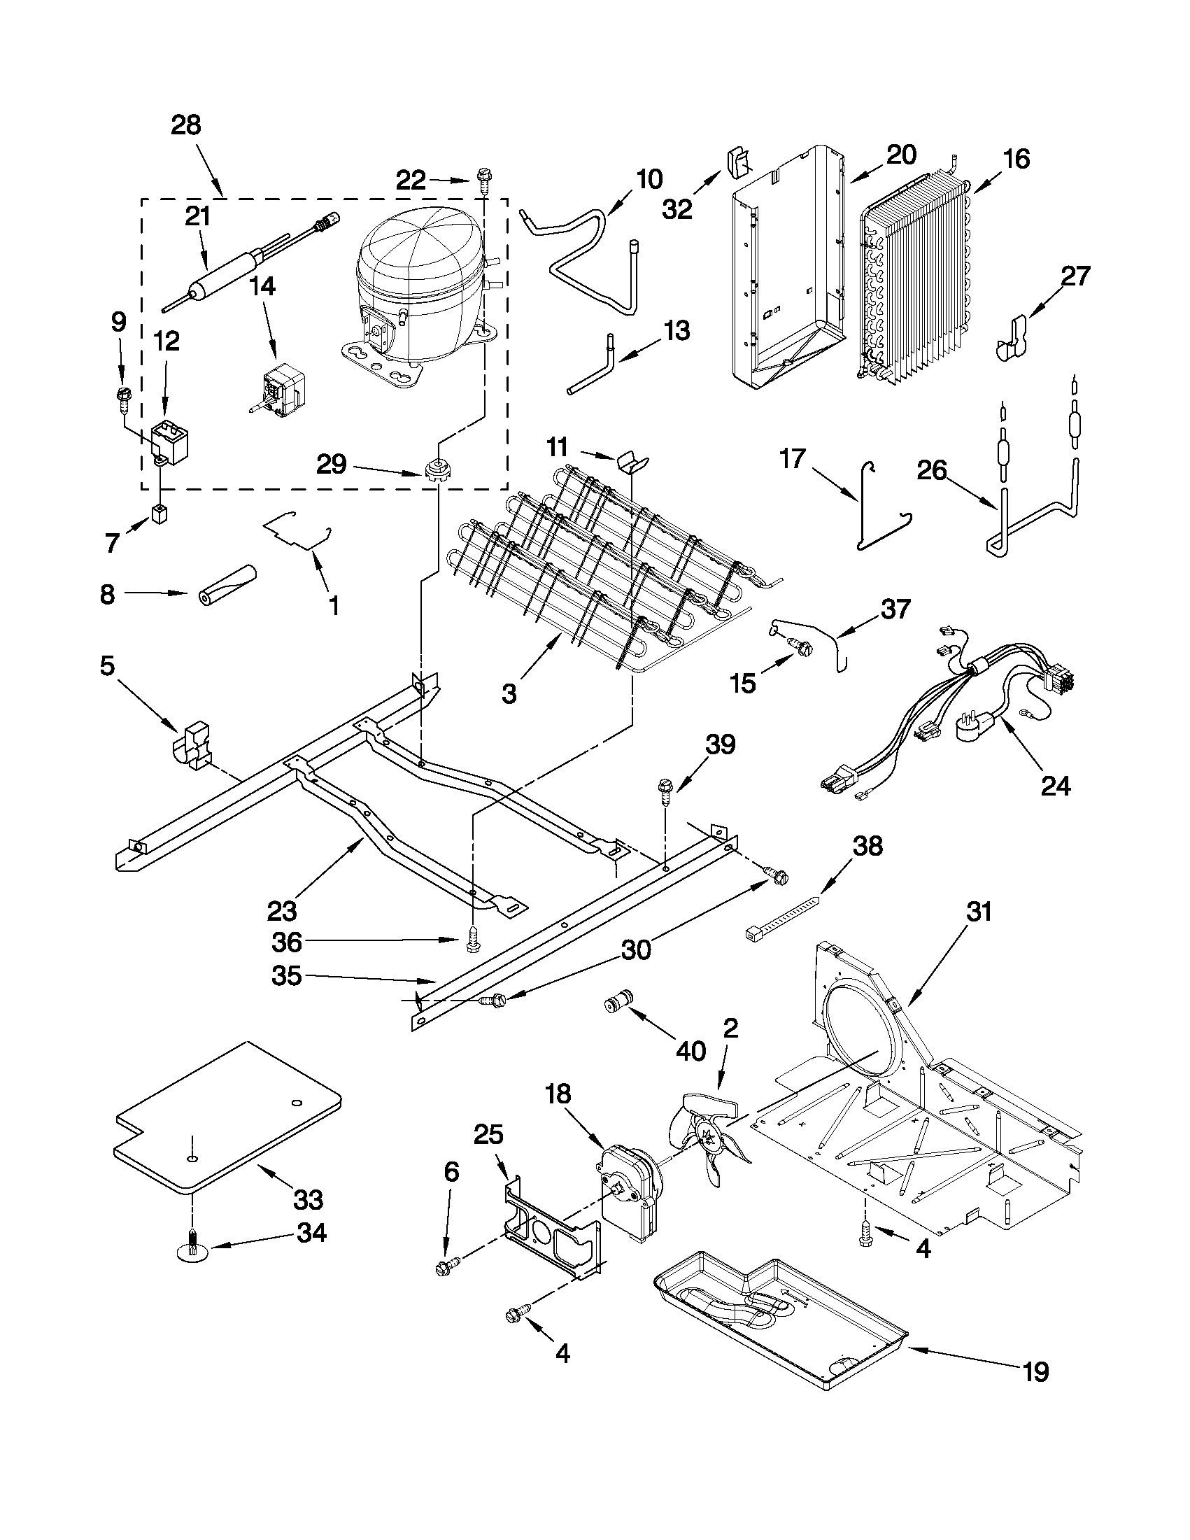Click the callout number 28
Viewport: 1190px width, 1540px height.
pyautogui.click(x=185, y=125)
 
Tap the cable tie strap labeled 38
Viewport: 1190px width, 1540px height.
pyautogui.click(x=784, y=918)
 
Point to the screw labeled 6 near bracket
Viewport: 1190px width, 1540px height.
pyautogui.click(x=446, y=1266)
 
